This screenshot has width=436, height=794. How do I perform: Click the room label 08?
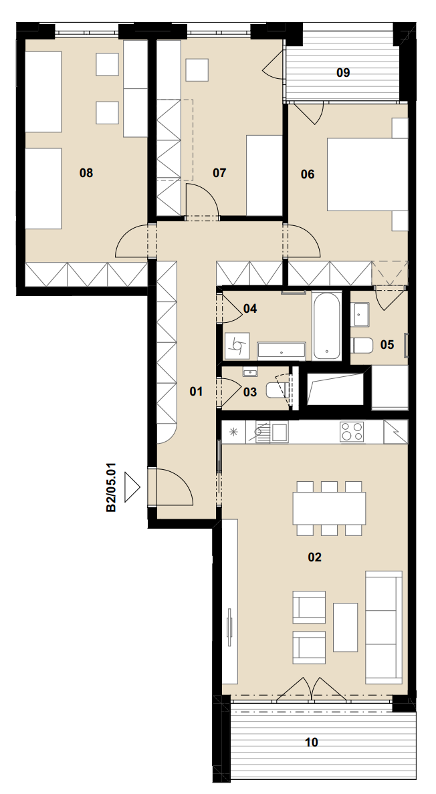point(86,173)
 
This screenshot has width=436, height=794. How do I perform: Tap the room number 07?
point(219,173)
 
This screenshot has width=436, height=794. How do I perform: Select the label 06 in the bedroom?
point(308,174)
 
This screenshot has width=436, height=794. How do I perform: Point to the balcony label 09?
point(343,73)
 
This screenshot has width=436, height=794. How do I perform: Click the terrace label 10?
point(312,743)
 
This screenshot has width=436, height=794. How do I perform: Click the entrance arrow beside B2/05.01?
point(132,488)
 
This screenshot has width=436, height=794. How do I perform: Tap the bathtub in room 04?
point(326,325)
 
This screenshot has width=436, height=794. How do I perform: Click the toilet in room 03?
point(278,391)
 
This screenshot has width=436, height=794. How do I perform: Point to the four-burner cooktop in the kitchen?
point(352,432)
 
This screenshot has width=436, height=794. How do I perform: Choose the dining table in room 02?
point(329,508)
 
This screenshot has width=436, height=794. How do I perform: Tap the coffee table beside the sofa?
point(345,627)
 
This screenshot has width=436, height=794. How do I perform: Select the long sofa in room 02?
point(384,626)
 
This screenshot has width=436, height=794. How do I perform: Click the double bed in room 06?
point(367,174)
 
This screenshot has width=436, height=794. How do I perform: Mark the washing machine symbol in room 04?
point(237,346)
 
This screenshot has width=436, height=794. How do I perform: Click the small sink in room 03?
point(250,373)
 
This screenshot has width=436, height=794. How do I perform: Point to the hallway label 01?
point(196,392)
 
